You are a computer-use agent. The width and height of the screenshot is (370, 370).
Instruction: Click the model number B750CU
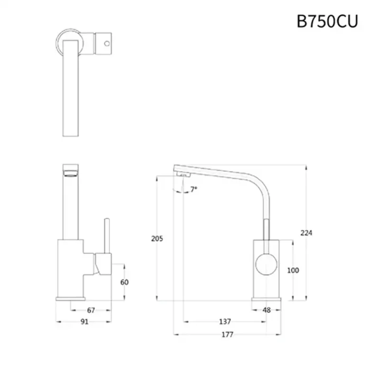[x=327, y=22]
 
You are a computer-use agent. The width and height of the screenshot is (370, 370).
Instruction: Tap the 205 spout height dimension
[x=157, y=238]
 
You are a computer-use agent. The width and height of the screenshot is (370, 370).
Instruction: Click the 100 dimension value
[x=292, y=271]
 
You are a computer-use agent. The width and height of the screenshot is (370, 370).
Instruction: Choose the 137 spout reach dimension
[x=225, y=321]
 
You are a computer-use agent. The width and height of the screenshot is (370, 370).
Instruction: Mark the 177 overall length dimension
[x=228, y=335]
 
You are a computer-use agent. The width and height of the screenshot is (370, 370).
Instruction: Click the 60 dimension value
[x=124, y=282]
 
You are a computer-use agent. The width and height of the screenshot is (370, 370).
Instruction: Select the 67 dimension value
[x=91, y=310]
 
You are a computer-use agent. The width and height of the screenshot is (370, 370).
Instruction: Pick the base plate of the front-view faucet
[x=71, y=299]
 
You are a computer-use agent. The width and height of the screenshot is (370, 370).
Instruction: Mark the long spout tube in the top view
[x=71, y=90]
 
